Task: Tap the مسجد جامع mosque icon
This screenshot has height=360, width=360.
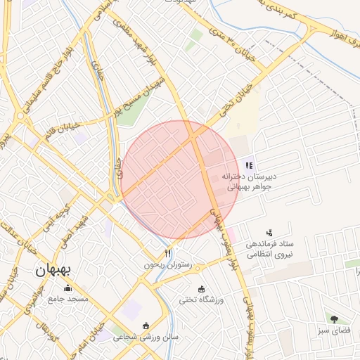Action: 68,288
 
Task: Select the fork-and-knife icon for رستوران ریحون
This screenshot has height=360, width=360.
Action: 167,253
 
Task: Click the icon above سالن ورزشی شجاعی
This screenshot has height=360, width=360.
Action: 146,326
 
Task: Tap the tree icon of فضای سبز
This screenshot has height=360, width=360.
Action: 332,319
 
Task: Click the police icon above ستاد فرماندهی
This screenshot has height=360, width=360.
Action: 269,232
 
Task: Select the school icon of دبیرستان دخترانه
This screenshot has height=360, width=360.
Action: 249,164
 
